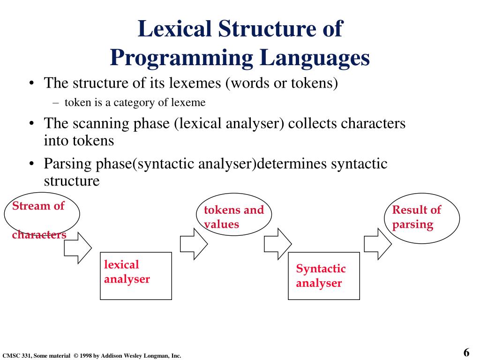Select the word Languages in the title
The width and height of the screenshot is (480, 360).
[315, 58]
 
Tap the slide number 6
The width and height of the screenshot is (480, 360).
[466, 352]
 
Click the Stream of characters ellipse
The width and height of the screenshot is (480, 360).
[42, 215]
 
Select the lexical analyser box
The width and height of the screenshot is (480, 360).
[136, 276]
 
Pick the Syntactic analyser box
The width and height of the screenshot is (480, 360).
[323, 276]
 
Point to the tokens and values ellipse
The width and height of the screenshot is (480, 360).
[234, 216]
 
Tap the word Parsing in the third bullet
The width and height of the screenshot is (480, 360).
[68, 164]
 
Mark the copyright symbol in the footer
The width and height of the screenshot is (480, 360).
[76, 356]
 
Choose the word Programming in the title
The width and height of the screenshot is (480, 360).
[183, 58]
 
